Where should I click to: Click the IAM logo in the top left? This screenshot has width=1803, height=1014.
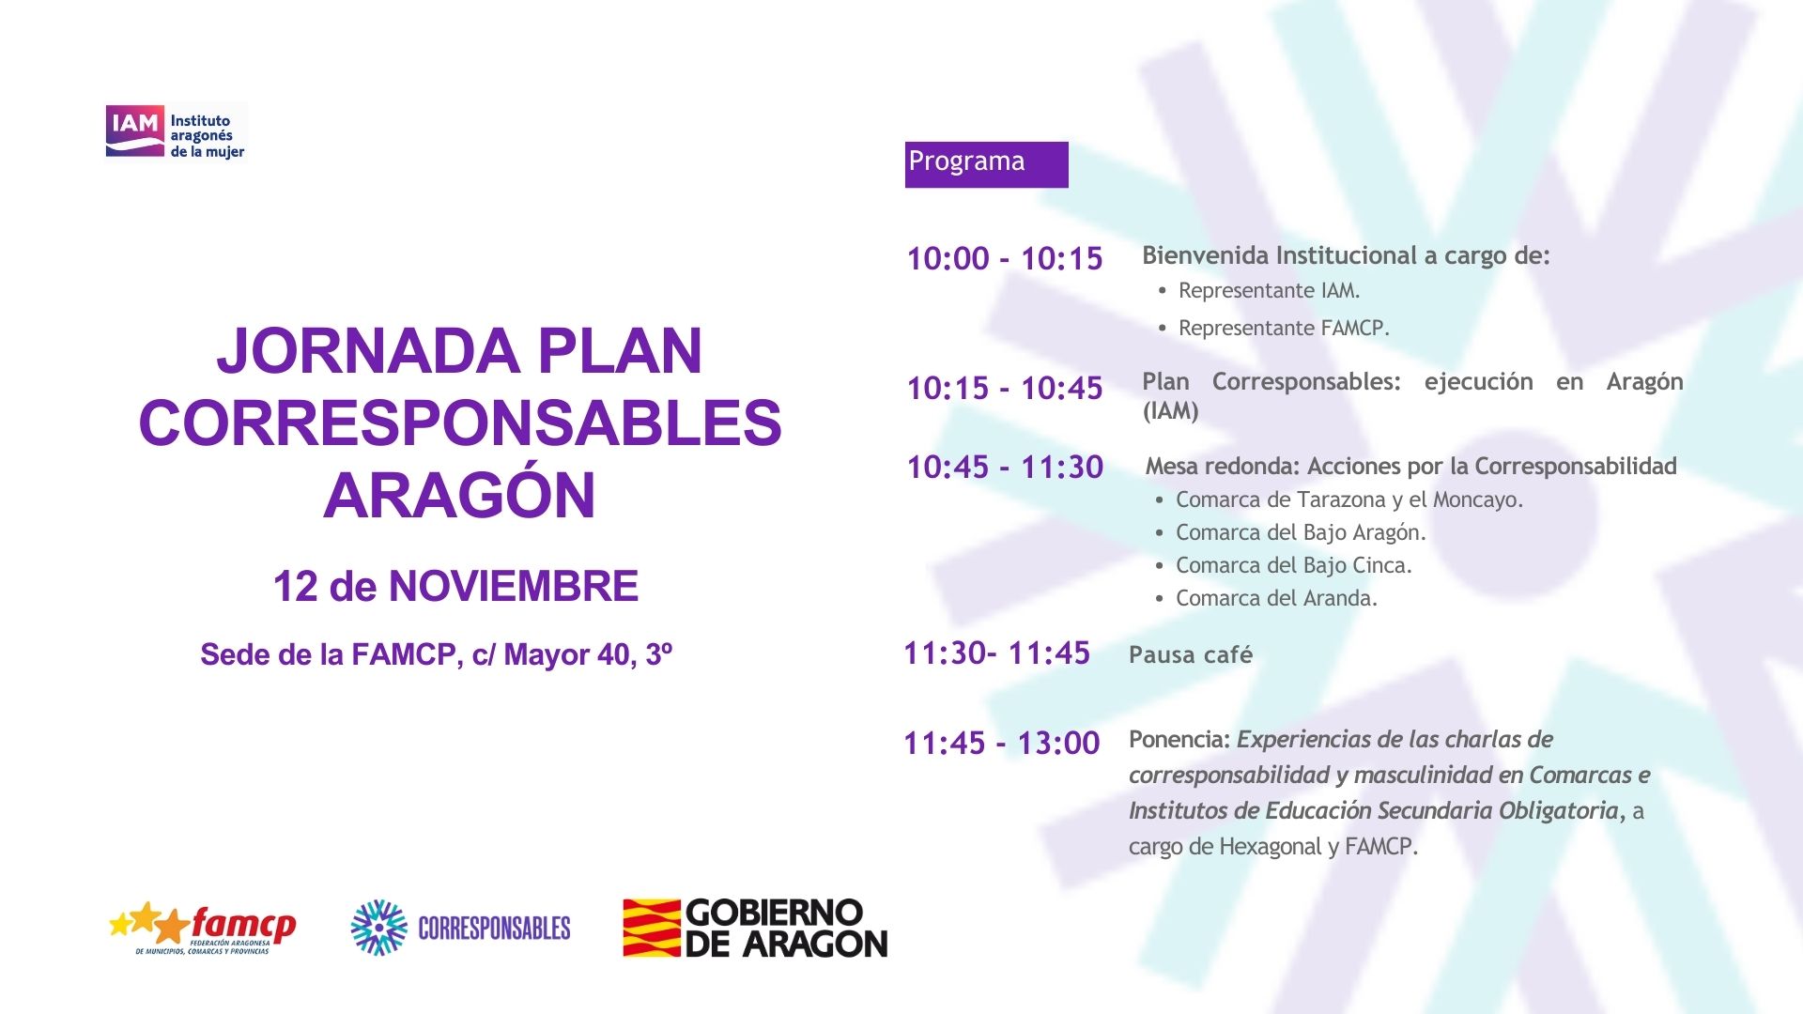point(176,132)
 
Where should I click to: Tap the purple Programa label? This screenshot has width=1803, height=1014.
point(986,164)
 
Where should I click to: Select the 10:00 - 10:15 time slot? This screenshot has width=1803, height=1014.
point(1005,259)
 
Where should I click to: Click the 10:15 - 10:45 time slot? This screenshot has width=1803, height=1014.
point(1005,389)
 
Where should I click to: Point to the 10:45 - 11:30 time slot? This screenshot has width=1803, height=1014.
point(1005,468)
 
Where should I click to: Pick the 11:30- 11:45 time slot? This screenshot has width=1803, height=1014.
point(996,653)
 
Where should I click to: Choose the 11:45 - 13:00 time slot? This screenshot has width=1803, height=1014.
point(1001,744)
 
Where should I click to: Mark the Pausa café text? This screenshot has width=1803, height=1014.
point(1191,655)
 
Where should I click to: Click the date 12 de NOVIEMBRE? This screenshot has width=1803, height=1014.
point(455,587)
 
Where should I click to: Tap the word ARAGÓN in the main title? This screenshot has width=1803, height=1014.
point(460,496)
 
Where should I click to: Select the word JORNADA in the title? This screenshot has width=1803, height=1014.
point(368,352)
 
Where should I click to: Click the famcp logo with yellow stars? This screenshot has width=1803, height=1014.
point(203,929)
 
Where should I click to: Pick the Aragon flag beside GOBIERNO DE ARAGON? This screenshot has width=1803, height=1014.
point(652,929)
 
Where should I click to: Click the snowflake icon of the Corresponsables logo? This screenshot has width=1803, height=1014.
point(378,928)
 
